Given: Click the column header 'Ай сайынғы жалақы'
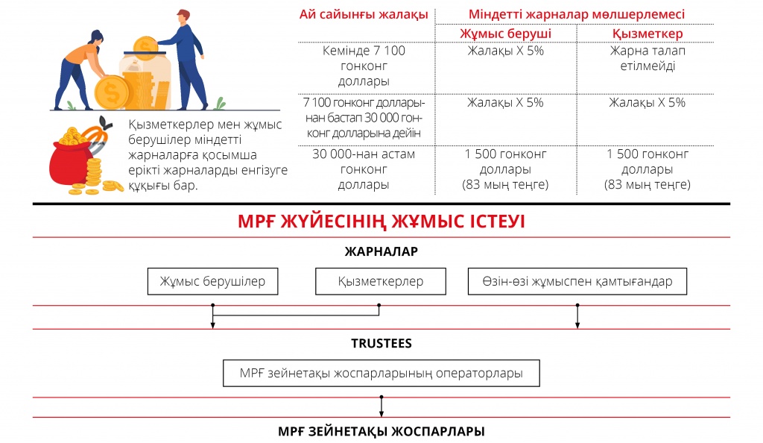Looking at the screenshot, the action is (x=364, y=15).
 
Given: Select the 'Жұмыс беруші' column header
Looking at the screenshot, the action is (x=506, y=34).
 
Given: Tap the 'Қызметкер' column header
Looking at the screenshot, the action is (x=648, y=34).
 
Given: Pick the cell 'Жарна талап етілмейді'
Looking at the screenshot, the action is (x=648, y=58).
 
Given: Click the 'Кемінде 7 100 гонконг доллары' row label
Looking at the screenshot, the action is (x=364, y=66).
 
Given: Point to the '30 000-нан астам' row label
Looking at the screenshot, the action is (x=364, y=154).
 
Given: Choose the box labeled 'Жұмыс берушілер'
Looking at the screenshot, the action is (x=212, y=281).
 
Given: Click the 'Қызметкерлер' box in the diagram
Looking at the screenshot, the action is (x=381, y=281).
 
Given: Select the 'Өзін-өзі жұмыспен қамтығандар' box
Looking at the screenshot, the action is (x=577, y=281).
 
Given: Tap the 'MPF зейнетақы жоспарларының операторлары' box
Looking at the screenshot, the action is (x=381, y=374).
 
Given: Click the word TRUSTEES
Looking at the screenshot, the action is (x=381, y=343).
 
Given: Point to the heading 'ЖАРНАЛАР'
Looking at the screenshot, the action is (x=381, y=251).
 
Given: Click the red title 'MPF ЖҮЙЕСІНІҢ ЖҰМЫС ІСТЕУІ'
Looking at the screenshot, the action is (x=381, y=221).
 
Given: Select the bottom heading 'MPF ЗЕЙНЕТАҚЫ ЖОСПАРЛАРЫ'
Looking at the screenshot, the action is (x=381, y=431).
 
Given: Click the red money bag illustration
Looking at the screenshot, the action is (x=72, y=163).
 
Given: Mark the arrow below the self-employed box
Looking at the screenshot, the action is (x=577, y=316).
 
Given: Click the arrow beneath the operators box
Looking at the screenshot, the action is (x=381, y=406).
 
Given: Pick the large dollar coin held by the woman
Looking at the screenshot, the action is (x=112, y=92).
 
